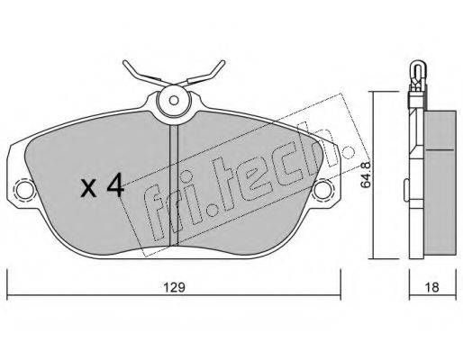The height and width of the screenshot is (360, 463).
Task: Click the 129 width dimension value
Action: [x=174, y=287]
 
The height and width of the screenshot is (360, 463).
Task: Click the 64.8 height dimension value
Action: [x=366, y=175]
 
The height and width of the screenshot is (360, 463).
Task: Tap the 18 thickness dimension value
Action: [x=432, y=287]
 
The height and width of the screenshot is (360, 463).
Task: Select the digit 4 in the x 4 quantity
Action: [x=115, y=185]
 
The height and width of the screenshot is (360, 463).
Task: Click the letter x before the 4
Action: [x=89, y=189]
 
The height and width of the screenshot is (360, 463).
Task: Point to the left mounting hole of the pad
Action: [x=24, y=190]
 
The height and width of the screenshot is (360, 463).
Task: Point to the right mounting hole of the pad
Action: [x=322, y=189]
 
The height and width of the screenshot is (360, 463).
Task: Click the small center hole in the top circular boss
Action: [x=174, y=101]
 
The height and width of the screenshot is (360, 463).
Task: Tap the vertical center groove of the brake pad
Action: [x=174, y=185]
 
